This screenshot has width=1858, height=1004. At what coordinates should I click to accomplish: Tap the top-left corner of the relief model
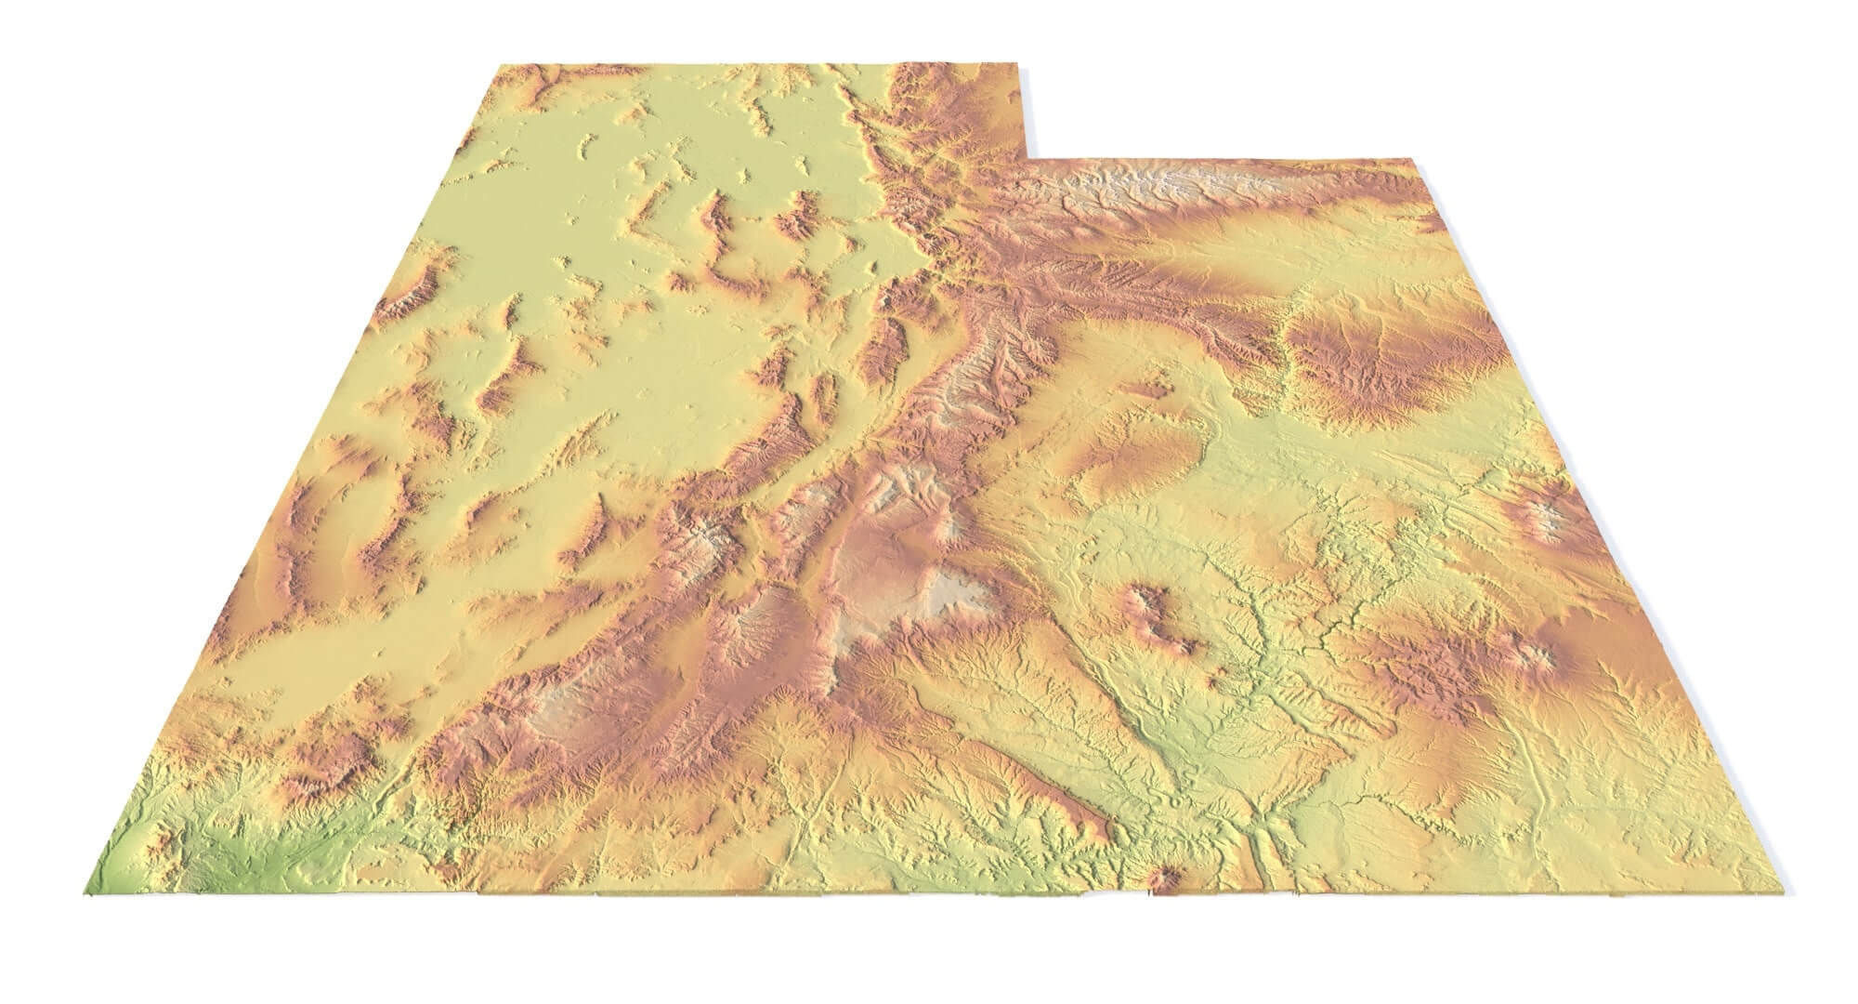[x=499, y=64]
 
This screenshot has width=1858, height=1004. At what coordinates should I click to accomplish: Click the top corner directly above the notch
[x=1025, y=68]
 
